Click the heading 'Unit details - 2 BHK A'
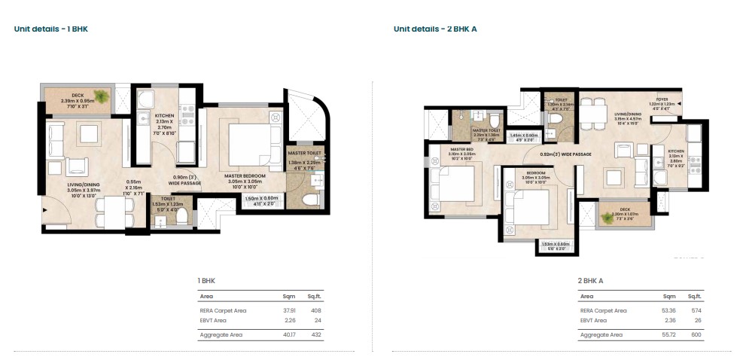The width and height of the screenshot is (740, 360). [434, 29]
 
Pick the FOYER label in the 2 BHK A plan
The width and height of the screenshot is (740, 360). [662, 99]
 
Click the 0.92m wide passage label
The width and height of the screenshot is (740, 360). [565, 154]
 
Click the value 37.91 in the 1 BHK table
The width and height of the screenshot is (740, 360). [288, 310]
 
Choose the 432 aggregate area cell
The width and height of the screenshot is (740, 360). [315, 334]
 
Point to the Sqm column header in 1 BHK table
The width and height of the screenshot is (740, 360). [288, 296]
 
